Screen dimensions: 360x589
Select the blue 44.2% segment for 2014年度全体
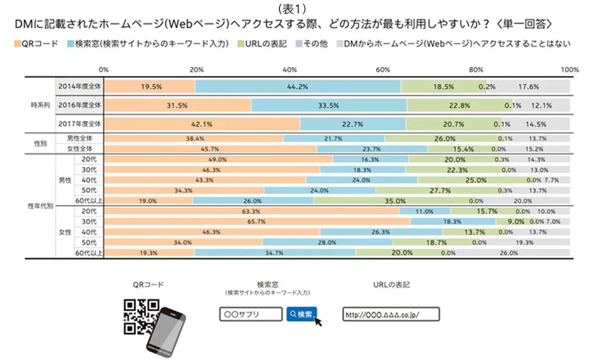[298, 86]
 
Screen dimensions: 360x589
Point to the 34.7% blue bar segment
[274, 253]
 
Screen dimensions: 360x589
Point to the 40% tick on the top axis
[290, 69]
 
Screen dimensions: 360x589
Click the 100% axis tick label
[570, 69]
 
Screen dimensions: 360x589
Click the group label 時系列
[40, 105]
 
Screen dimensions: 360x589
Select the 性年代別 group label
[40, 206]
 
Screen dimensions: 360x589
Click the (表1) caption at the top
[294, 8]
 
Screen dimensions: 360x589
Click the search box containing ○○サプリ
[251, 314]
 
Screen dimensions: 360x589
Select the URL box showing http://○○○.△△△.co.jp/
[383, 314]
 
